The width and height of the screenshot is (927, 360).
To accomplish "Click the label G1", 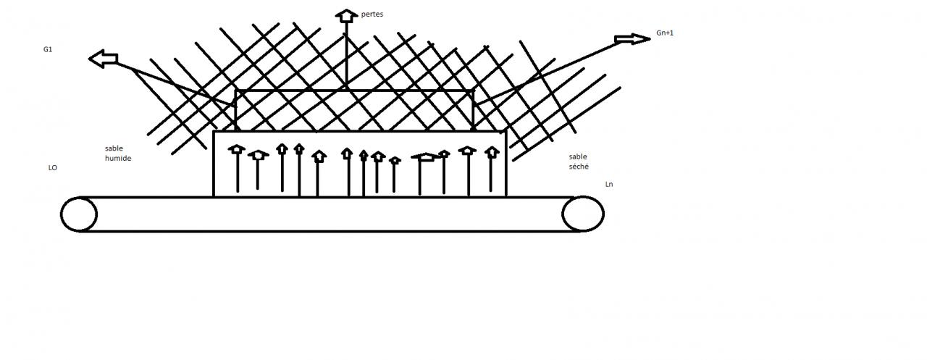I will coord(49,49).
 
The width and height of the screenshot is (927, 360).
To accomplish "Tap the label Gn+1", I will coord(664,33).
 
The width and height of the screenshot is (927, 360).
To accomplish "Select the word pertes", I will coord(372,14).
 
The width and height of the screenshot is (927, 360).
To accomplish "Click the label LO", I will coord(52,167).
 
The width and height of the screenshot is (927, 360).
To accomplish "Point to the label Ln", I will coord(609,185).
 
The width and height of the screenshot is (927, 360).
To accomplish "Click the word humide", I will coord(118,158).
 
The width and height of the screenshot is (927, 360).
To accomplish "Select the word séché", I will coord(579,167).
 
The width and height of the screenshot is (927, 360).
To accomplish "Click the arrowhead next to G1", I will coord(102,59).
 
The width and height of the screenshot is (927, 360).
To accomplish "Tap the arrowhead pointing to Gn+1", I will coord(634,39).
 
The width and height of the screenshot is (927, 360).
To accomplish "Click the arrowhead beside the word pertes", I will coord(347,15).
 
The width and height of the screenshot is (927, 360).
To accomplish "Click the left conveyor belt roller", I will coord(78,214).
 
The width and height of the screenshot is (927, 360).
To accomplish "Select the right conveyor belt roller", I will coord(582,214).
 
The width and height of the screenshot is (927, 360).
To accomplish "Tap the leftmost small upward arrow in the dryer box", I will coord(237,150).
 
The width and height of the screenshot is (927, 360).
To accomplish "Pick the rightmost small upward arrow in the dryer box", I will coord(492,152).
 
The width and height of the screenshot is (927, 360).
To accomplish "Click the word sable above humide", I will coord(114,148).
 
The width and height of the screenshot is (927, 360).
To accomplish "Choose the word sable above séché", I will coord(578,156).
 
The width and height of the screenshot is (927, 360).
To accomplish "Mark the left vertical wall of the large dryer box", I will coord(214,164).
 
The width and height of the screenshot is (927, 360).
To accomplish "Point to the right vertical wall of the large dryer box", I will coord(506,164).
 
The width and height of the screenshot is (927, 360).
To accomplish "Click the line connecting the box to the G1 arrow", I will coord(174,83).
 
